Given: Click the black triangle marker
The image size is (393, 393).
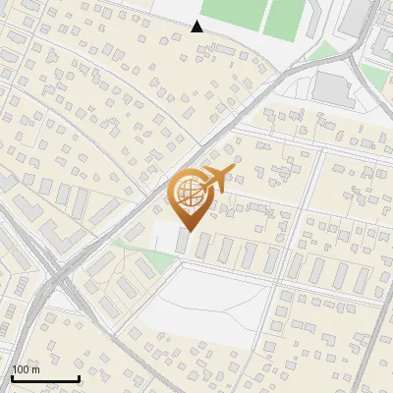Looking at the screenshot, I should tap(197, 27).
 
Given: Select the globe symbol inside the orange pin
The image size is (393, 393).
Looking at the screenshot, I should tap(188, 190).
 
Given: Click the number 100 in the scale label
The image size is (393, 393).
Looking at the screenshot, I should tap(21, 369).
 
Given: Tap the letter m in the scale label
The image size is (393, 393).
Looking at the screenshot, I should tap(36, 369).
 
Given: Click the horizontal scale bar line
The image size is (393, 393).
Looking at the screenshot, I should tap(45, 378).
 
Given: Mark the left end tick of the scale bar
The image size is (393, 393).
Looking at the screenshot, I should tap(12, 376).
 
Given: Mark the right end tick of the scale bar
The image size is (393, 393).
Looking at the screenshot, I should tap(79, 376).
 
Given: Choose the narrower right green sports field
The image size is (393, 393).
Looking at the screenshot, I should tap(287, 17).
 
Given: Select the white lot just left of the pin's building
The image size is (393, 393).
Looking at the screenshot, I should tap(162, 236).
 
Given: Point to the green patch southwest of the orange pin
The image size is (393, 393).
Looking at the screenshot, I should tap(122, 242).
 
